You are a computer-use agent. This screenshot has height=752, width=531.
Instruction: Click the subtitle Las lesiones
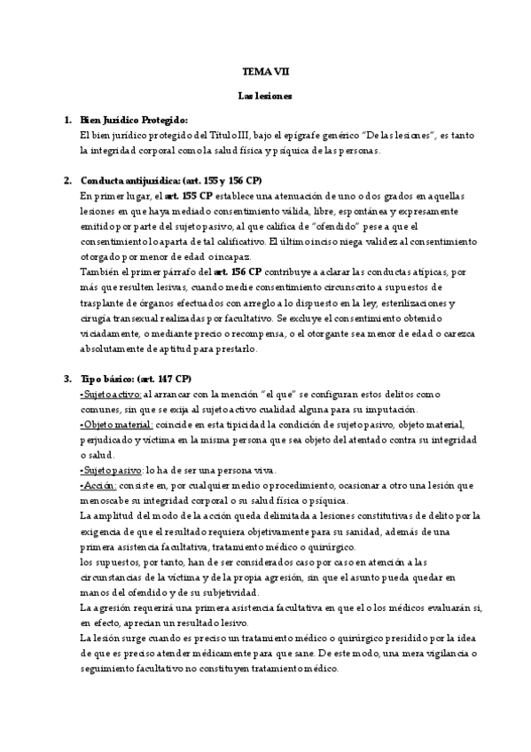click(265, 94)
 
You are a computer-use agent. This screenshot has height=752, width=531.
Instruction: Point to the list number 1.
click(67, 119)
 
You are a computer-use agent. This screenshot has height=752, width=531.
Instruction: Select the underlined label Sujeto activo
click(111, 394)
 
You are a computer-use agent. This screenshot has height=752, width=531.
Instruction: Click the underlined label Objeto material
click(115, 424)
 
